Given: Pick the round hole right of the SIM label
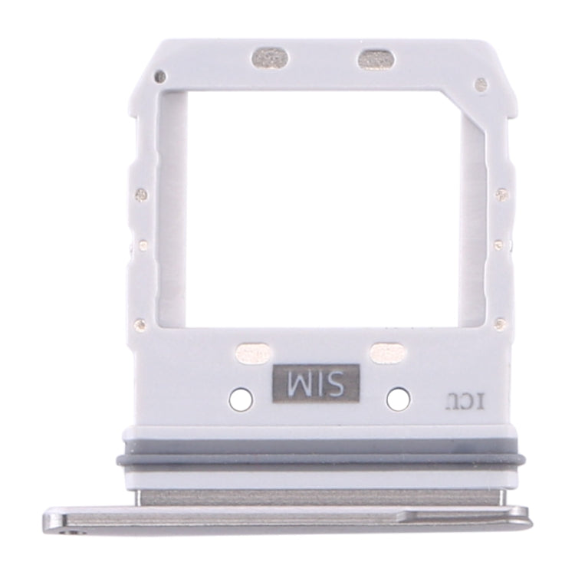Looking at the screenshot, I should coord(397,398).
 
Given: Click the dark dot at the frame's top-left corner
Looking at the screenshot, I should coord(159,77).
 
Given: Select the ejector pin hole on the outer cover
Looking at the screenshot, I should coord(72,530).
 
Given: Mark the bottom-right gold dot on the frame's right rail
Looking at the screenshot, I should coord(499,323).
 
